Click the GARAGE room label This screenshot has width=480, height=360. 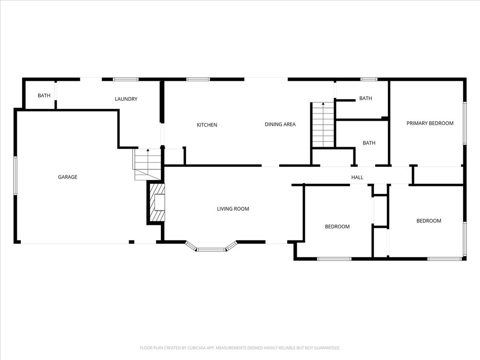tap(67, 177)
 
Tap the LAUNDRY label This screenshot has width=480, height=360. tap(126, 99)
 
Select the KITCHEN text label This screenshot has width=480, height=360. tap(207, 125)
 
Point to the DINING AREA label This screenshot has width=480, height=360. tap(280, 124)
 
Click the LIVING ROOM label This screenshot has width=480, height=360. tap(233, 209)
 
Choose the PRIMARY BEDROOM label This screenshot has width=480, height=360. tap(430, 123)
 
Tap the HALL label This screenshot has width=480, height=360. tap(357, 177)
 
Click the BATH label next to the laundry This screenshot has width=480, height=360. tap(44, 96)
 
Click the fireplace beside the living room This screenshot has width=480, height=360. tap(157, 202)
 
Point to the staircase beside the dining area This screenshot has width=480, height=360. tap(323, 125)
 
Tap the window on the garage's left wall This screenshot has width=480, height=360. tap(15, 175)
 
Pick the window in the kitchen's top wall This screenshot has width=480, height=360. tap(198, 79)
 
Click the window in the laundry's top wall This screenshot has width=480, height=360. tap(126, 79)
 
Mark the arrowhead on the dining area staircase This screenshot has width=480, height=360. tap(323, 104)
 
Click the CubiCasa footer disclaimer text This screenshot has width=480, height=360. tap(240, 348)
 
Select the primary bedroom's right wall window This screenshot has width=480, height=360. tap(465, 123)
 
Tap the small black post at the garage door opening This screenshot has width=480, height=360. tap(131, 242)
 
